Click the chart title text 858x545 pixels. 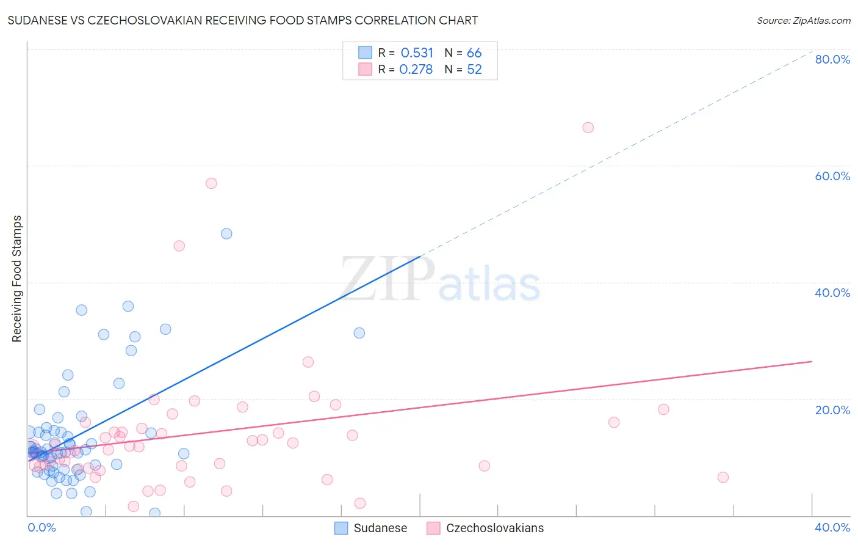click(x=242, y=20)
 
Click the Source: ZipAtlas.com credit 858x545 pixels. click(x=803, y=20)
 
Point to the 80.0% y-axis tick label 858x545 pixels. click(x=832, y=59)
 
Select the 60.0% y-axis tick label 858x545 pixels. click(x=832, y=176)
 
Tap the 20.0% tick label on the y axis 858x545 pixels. click(x=832, y=410)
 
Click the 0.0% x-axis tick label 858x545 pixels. click(x=41, y=527)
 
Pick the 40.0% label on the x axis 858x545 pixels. click(x=832, y=527)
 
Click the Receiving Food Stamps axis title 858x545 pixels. click(x=16, y=279)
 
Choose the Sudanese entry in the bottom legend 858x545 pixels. click(x=380, y=528)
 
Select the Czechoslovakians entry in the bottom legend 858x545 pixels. click(x=494, y=528)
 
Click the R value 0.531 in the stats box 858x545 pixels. click(x=417, y=53)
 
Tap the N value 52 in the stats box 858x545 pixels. click(x=474, y=70)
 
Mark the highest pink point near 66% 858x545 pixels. click(x=588, y=128)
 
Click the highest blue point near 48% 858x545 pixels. click(x=226, y=233)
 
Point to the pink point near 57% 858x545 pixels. click(x=211, y=183)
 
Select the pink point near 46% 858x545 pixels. click(x=179, y=246)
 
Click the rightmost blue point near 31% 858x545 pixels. click(x=359, y=333)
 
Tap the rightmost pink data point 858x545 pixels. click(x=723, y=477)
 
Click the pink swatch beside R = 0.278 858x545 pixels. click(x=365, y=69)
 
